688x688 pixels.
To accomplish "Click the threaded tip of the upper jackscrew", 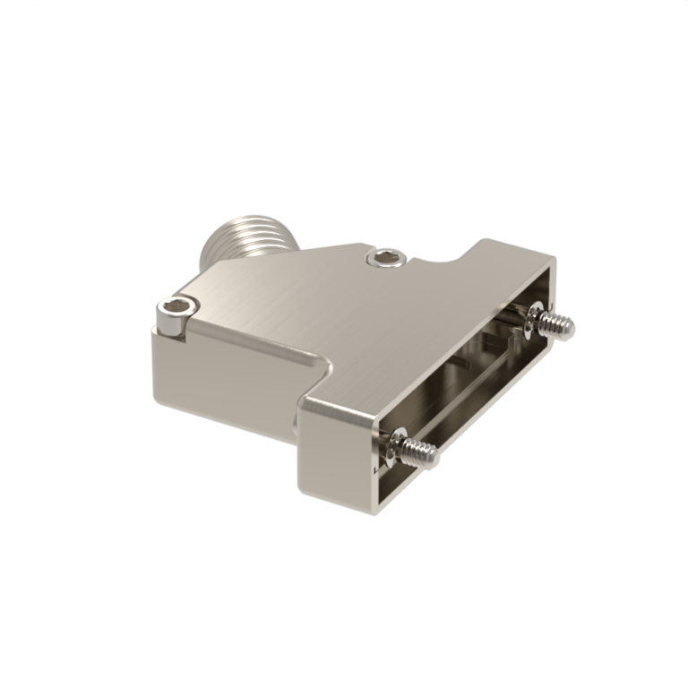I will [x=562, y=325].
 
